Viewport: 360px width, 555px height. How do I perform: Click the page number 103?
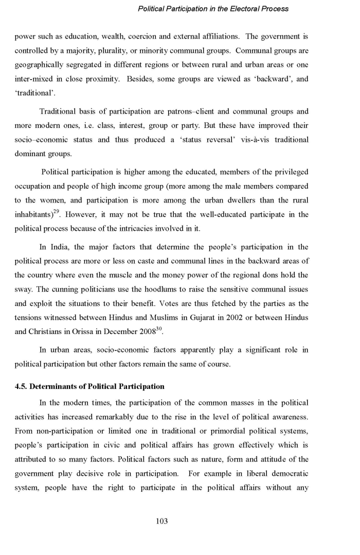coord(162,521)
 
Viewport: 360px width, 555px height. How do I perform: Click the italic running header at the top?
coord(213,9)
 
